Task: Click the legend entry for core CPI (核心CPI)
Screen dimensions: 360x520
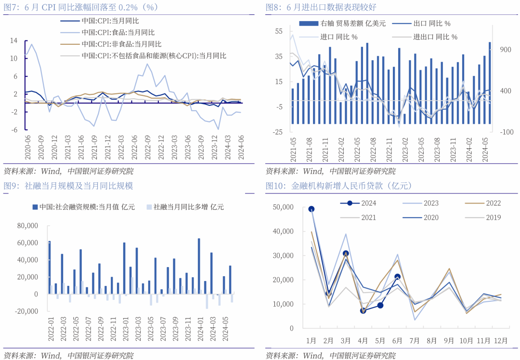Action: pyautogui.click(x=154, y=55)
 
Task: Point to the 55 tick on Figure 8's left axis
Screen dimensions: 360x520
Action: pyautogui.click(x=279, y=31)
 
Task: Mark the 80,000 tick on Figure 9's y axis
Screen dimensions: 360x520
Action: pyautogui.click(x=27, y=226)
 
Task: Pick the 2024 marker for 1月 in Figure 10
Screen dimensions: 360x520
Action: pyautogui.click(x=312, y=209)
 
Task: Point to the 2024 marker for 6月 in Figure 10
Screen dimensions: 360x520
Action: pyautogui.click(x=397, y=277)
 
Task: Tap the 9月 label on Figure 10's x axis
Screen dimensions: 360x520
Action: pyautogui.click(x=449, y=341)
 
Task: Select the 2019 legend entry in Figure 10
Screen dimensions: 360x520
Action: pyautogui.click(x=493, y=218)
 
